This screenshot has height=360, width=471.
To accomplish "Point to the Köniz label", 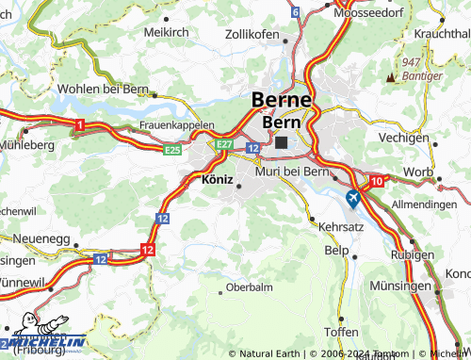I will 218,178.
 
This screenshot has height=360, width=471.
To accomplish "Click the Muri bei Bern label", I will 291,171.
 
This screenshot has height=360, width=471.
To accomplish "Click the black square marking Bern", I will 282,142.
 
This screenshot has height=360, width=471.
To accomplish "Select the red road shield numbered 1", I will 80,124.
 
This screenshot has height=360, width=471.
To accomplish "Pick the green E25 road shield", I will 172,149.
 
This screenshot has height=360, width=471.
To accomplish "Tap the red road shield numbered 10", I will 377,180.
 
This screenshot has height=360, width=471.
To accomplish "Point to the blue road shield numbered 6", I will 295,12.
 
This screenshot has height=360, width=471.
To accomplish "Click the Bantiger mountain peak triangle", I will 390,75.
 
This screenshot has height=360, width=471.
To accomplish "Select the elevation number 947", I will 410,61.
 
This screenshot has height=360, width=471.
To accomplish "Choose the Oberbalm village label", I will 250,286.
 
